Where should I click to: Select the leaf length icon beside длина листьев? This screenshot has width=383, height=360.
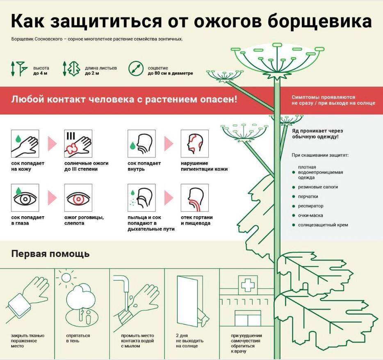click(71, 68)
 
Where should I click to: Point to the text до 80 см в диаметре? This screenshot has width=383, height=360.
click(170, 74)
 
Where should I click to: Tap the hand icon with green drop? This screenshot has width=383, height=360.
click(25, 144)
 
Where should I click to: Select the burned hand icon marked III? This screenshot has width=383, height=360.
click(78, 144)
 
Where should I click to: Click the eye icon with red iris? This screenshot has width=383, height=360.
click(78, 198)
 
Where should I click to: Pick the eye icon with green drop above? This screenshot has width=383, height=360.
click(25, 198)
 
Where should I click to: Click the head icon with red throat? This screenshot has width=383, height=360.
click(194, 198)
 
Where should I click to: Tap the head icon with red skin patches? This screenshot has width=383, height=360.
click(194, 144)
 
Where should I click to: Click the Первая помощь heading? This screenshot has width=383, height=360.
click(50, 254)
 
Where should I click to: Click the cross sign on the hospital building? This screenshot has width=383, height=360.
click(247, 284)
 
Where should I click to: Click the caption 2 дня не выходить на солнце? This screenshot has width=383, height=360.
click(189, 341)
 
